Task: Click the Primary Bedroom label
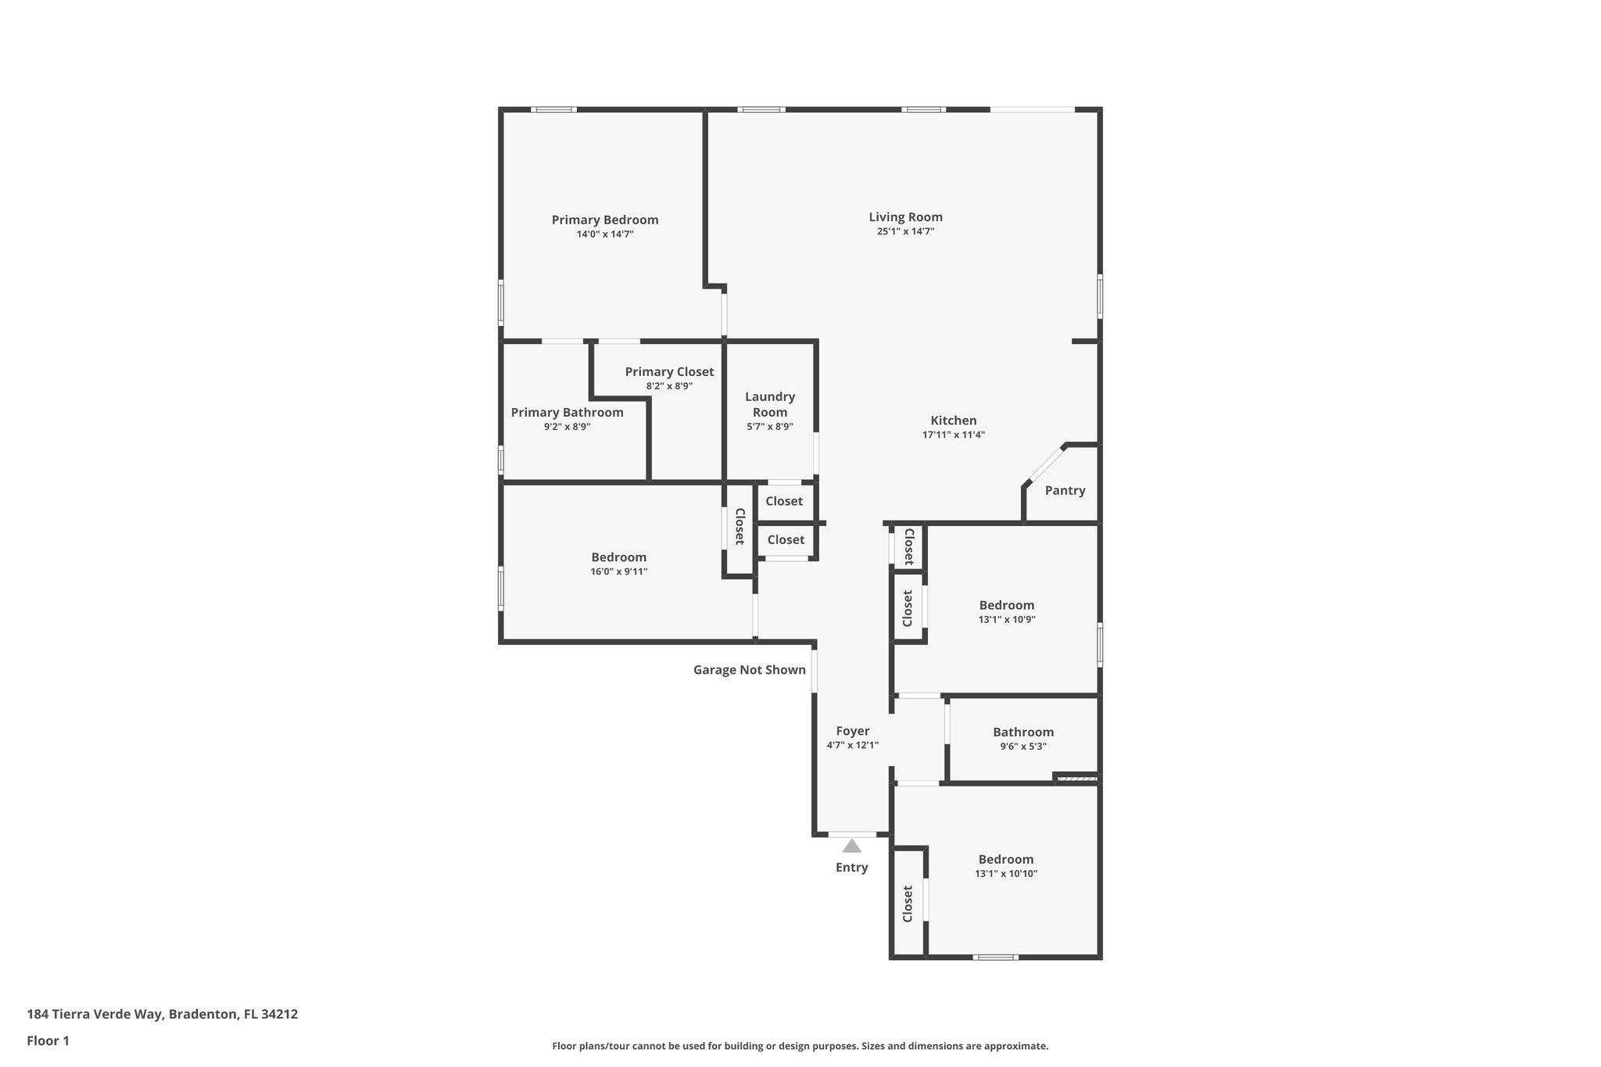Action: [x=604, y=220]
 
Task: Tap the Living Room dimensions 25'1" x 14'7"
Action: [x=905, y=231]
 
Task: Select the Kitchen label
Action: [x=953, y=421]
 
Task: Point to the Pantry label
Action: [x=1065, y=490]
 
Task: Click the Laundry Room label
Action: [x=769, y=404]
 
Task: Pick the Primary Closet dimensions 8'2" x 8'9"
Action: [x=669, y=386]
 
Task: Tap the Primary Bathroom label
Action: [x=567, y=412]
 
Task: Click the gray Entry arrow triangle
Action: [x=851, y=846]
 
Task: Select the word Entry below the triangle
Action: [x=851, y=867]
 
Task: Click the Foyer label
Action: [x=852, y=731]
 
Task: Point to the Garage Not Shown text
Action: [x=749, y=669]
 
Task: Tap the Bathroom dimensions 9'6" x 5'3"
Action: [x=1023, y=747]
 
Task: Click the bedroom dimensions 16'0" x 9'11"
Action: [x=618, y=571]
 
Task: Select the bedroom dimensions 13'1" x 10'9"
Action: [x=1007, y=619]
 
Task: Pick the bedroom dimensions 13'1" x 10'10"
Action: [x=1005, y=874]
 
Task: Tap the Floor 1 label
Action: [x=48, y=1040]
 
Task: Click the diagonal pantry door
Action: [x=1044, y=464]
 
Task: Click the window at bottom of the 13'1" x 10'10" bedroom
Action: [x=995, y=957]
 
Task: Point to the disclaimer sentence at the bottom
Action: [x=800, y=1046]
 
